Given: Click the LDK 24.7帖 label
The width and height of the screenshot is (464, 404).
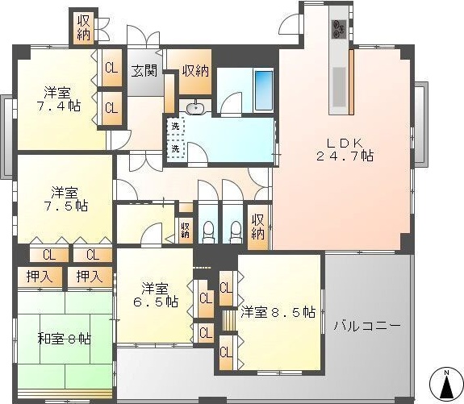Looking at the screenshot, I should [x=344, y=147].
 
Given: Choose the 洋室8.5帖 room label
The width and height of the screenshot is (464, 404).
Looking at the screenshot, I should [x=277, y=312].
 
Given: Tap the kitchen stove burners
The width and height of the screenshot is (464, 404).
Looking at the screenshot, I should [x=337, y=29].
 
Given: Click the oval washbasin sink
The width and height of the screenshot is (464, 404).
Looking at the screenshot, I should [x=195, y=108].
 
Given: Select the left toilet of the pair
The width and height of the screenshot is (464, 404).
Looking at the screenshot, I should [x=207, y=231].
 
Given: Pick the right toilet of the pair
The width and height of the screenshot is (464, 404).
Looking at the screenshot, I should [x=236, y=231].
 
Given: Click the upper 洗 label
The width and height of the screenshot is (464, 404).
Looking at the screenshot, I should [x=174, y=126].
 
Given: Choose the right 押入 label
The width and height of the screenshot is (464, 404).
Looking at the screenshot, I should [x=88, y=277].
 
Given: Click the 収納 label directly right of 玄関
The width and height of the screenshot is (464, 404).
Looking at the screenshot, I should [x=194, y=70].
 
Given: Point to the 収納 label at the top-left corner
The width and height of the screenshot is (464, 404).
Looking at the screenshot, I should [x=84, y=27].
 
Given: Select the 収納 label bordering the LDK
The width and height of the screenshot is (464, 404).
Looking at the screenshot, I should [x=257, y=226].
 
